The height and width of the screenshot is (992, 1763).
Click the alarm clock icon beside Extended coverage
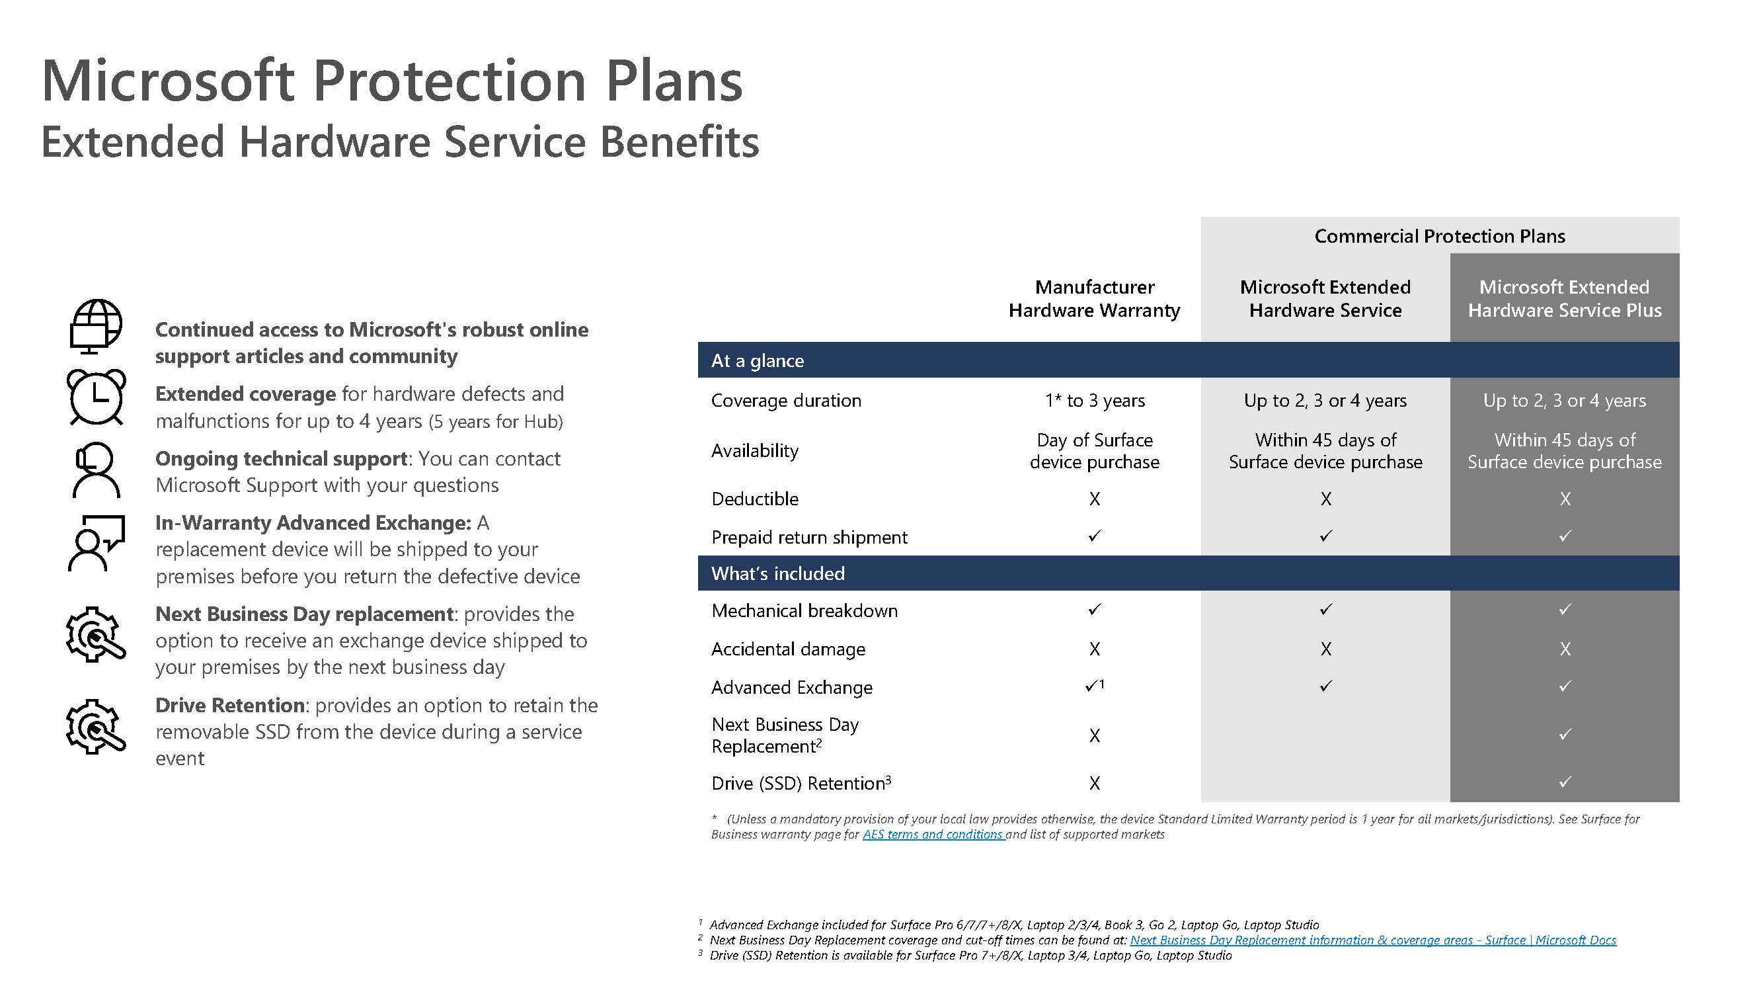[x=97, y=397]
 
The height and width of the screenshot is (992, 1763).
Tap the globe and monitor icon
[x=96, y=327]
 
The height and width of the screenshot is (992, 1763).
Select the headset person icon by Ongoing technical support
[x=96, y=470]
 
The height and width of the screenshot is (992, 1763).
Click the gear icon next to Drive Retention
[x=96, y=726]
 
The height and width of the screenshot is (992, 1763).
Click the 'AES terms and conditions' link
[x=933, y=835]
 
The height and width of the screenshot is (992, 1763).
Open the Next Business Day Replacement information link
[x=1373, y=940]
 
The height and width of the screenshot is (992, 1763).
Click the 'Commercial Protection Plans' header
[x=1439, y=236]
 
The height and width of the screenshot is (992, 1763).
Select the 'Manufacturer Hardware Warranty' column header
[x=1094, y=298]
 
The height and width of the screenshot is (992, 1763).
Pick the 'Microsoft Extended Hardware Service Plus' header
[x=1565, y=298]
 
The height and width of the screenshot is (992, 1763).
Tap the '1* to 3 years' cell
[x=1094, y=401]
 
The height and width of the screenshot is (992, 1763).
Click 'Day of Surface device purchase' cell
[x=1094, y=450]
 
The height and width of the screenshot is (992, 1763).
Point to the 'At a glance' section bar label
[x=757, y=361]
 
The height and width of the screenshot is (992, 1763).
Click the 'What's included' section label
[x=777, y=573]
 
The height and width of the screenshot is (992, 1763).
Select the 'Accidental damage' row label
[x=788, y=649]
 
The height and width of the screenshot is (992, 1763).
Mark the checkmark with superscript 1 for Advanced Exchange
[x=1093, y=686]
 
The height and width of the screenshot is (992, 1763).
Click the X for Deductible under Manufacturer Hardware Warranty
[x=1094, y=499]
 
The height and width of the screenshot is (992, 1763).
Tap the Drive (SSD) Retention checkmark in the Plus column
[x=1565, y=782]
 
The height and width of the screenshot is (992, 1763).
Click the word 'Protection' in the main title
[x=450, y=81]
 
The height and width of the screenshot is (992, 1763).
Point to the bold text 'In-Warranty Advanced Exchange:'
[x=313, y=523]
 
